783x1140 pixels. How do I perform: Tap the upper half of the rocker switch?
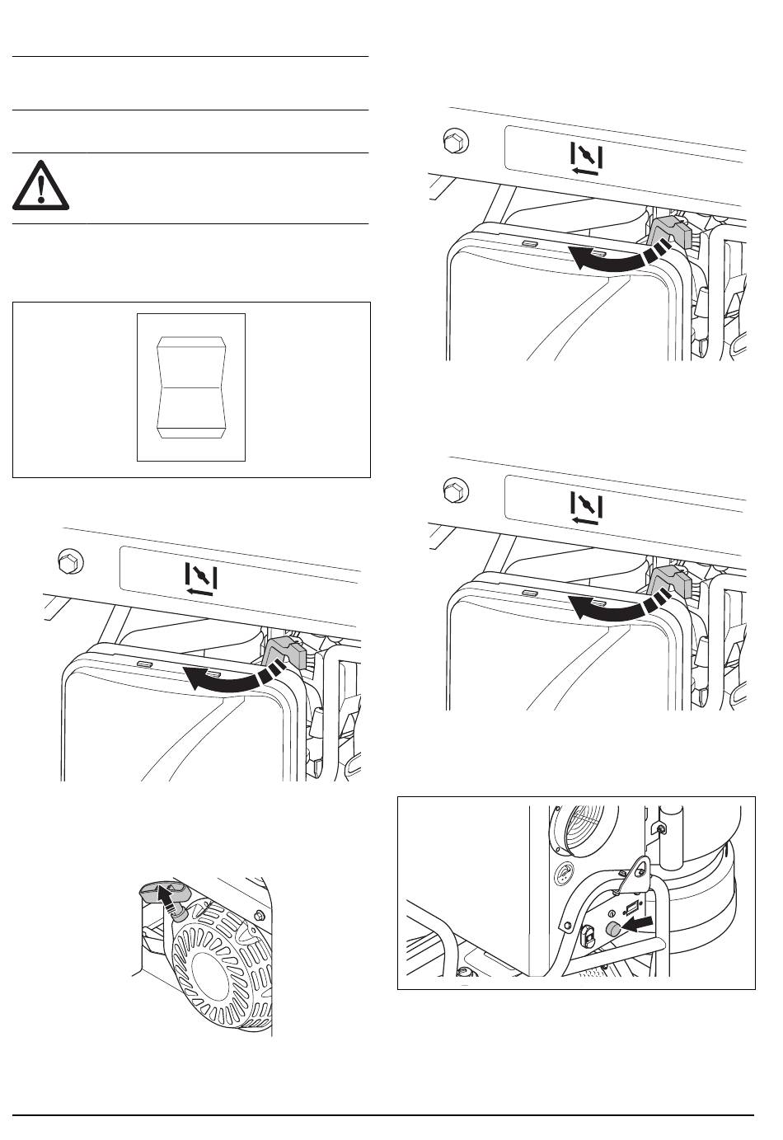(x=190, y=361)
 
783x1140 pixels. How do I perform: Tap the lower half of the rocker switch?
(x=190, y=409)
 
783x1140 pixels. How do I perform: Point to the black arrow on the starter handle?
(x=168, y=896)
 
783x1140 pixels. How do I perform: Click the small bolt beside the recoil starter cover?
(x=260, y=915)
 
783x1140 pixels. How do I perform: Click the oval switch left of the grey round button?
(x=588, y=934)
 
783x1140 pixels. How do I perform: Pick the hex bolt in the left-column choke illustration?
(x=68, y=563)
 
